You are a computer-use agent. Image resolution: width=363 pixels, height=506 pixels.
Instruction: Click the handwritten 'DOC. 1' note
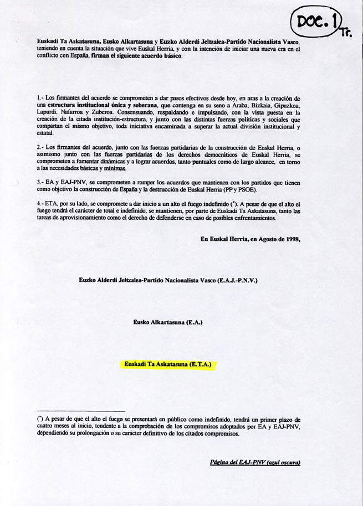[314, 21]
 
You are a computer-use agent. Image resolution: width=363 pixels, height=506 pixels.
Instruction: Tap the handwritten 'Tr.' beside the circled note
[346, 33]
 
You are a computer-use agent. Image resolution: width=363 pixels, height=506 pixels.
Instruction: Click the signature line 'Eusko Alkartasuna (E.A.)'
[168, 322]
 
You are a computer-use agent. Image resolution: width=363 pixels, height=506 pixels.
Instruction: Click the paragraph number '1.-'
[40, 98]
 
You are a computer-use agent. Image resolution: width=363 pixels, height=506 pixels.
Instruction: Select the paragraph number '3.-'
[40, 182]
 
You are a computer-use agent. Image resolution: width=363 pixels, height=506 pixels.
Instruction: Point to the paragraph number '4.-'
[40, 203]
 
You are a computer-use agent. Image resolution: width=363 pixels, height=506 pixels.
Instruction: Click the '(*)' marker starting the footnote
[40, 420]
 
